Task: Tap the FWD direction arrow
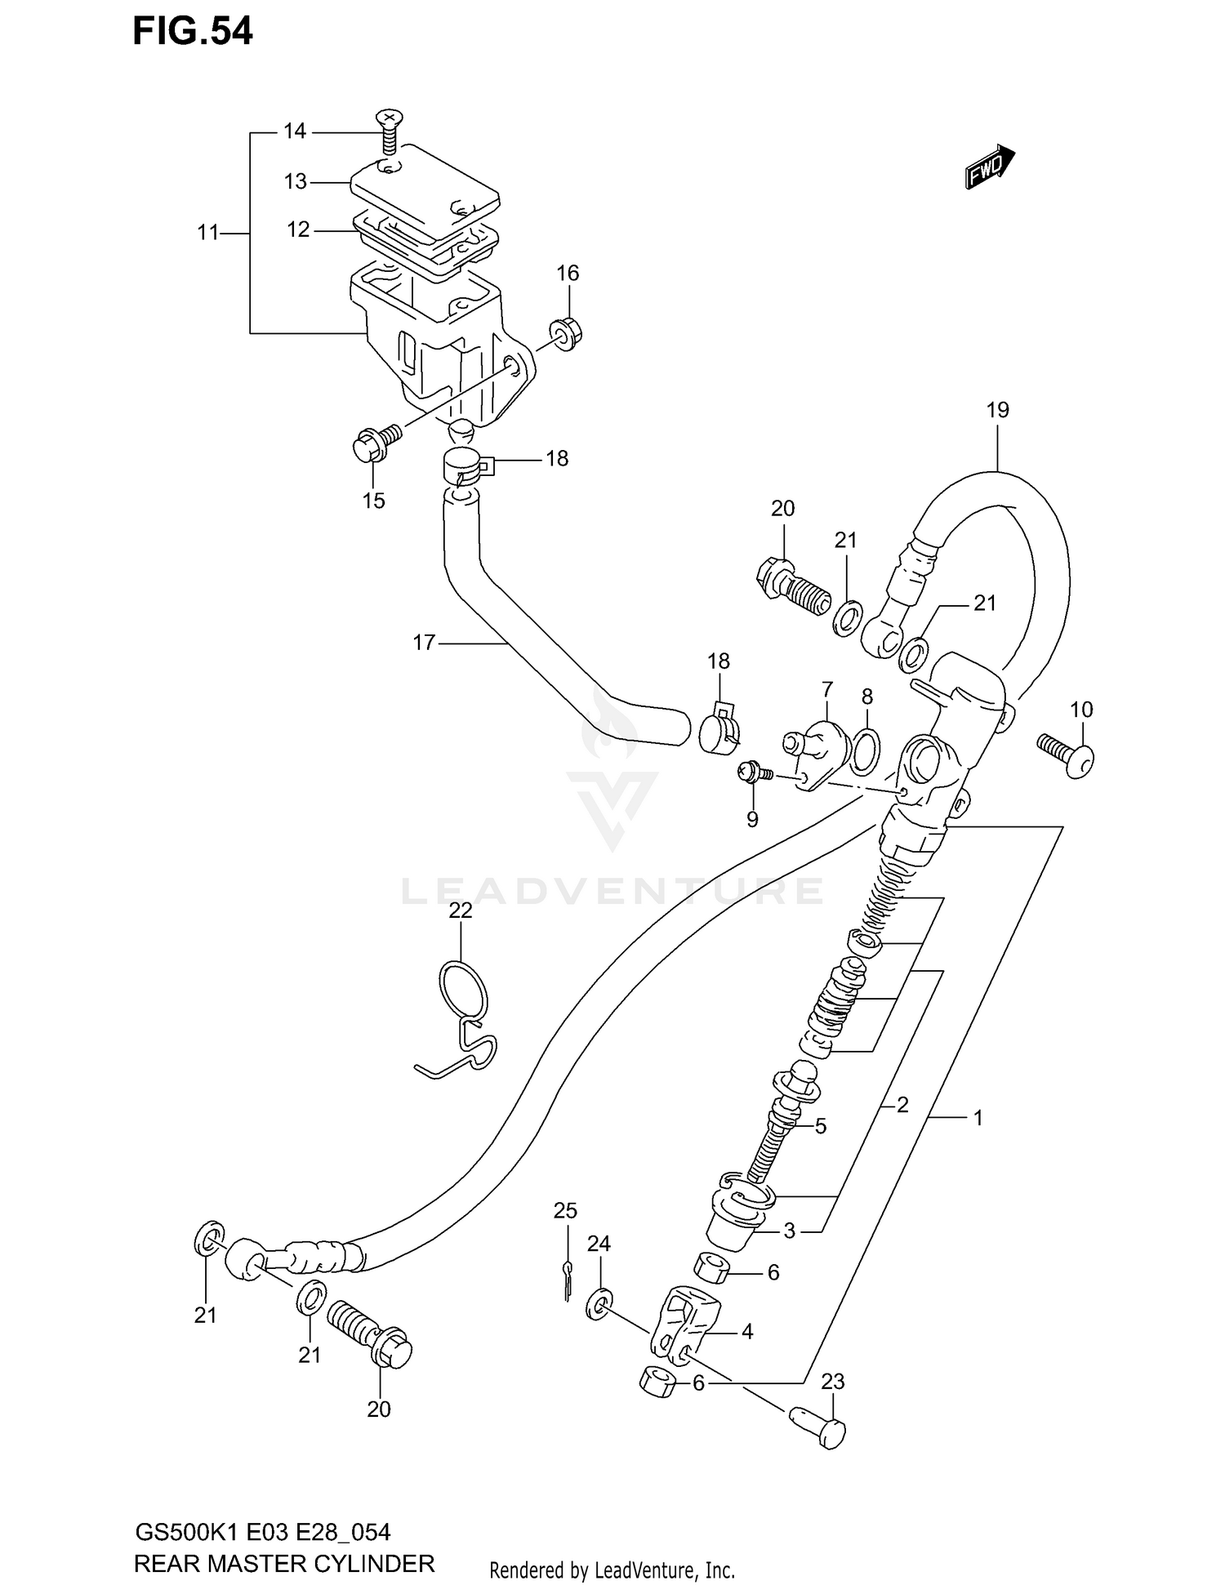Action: tap(989, 168)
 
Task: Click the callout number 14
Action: tap(294, 131)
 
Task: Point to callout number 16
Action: tap(568, 273)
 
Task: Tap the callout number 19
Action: tap(998, 410)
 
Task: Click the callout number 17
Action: tap(424, 643)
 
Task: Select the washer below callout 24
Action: tap(599, 1305)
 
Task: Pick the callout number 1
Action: tap(978, 1117)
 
